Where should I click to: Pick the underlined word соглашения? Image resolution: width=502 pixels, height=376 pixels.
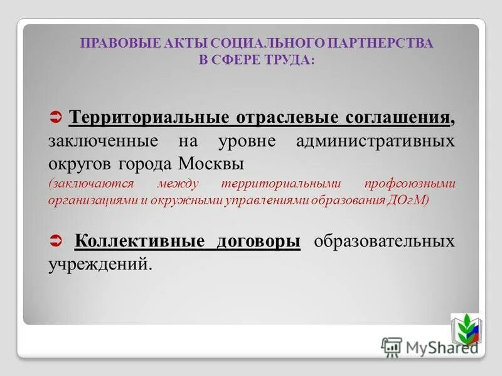coord(398,118)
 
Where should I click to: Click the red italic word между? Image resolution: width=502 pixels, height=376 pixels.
coord(179,184)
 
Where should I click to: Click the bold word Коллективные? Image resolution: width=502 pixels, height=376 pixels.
coord(136,241)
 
